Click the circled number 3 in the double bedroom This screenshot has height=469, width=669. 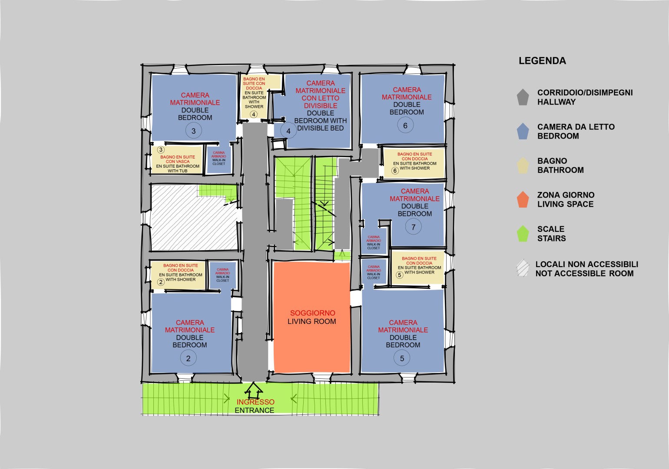tap(194, 131)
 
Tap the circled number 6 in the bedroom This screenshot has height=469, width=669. tap(405, 126)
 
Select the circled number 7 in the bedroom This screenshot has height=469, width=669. tap(414, 227)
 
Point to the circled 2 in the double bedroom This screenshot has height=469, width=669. tap(189, 358)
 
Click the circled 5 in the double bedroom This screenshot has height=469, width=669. tap(402, 358)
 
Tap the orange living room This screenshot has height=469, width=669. tap(312, 317)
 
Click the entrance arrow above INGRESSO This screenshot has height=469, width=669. tap(254, 388)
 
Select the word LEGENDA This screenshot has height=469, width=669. tap(542, 61)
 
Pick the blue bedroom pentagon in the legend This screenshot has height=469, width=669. tap(523, 131)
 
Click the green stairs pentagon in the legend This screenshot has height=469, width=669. tap(523, 234)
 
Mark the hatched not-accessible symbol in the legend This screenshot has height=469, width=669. tap(523, 268)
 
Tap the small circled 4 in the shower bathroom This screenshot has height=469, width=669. tap(254, 114)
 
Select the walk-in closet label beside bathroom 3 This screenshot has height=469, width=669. tap(219, 158)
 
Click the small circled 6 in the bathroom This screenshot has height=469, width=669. tap(395, 171)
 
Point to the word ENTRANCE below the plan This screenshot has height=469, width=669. tap(255, 410)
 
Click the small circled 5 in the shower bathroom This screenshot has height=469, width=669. tap(400, 275)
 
